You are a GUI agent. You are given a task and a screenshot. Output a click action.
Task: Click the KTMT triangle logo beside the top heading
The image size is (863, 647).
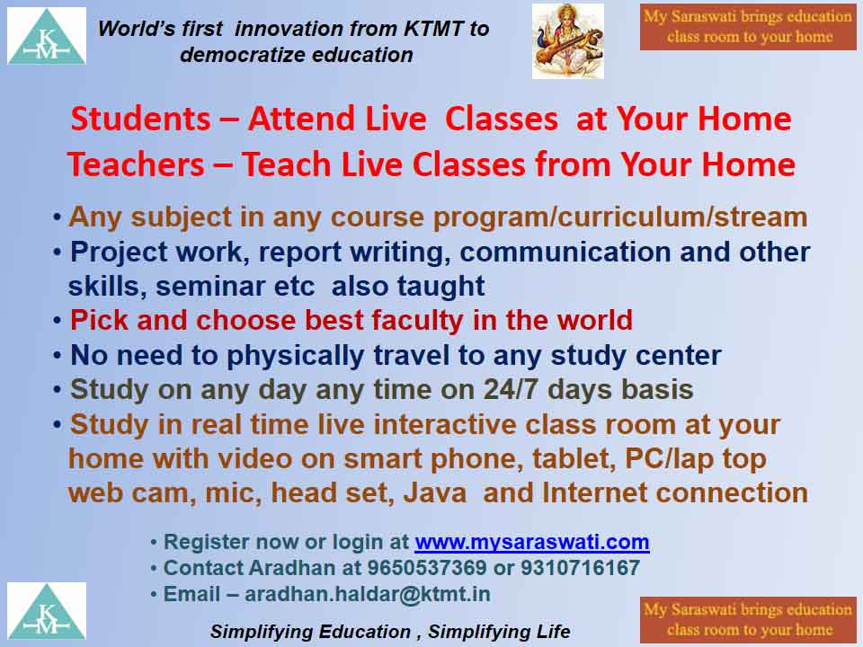pyautogui.click(x=46, y=36)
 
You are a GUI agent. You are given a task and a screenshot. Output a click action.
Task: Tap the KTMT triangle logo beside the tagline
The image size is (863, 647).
pyautogui.click(x=46, y=611)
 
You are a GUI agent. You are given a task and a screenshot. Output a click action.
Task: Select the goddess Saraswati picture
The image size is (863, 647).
pyautogui.click(x=568, y=41)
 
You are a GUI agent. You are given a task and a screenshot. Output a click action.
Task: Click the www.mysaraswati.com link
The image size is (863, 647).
pyautogui.click(x=532, y=542)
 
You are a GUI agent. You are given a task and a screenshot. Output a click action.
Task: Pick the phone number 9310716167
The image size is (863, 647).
pyautogui.click(x=580, y=568)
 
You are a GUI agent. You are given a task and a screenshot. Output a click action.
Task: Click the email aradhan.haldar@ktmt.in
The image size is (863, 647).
pyautogui.click(x=368, y=594)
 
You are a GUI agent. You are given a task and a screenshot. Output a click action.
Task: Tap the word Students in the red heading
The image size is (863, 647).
pyautogui.click(x=141, y=119)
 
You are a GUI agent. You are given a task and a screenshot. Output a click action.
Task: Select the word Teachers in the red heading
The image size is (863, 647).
pyautogui.click(x=136, y=164)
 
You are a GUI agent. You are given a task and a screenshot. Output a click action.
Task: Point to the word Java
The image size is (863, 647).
pyautogui.click(x=435, y=493)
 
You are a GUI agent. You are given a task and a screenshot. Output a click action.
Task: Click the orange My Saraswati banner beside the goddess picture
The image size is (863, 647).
pyautogui.click(x=749, y=27)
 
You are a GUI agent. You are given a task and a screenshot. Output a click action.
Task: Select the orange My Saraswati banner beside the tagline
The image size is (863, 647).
pyautogui.click(x=749, y=620)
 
